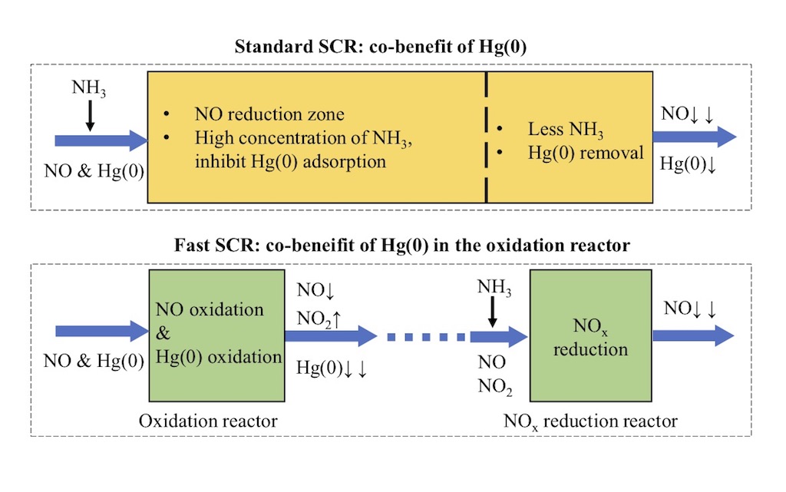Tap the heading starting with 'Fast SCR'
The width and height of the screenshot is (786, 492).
pyautogui.click(x=391, y=246)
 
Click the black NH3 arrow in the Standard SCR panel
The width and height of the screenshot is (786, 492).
pyautogui.click(x=90, y=114)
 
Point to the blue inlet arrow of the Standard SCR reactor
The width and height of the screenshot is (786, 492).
pyautogui.click(x=101, y=140)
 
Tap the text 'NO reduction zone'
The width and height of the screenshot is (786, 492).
pyautogui.click(x=269, y=115)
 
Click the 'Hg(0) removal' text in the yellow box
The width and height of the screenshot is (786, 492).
pyautogui.click(x=586, y=153)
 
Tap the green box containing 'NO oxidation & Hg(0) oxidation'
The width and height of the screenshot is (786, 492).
pyautogui.click(x=216, y=333)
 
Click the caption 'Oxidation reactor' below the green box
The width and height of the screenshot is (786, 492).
pyautogui.click(x=208, y=421)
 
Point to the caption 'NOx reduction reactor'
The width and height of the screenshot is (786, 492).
pyautogui.click(x=590, y=421)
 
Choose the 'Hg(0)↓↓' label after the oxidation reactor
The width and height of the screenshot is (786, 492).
pyautogui.click(x=332, y=368)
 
